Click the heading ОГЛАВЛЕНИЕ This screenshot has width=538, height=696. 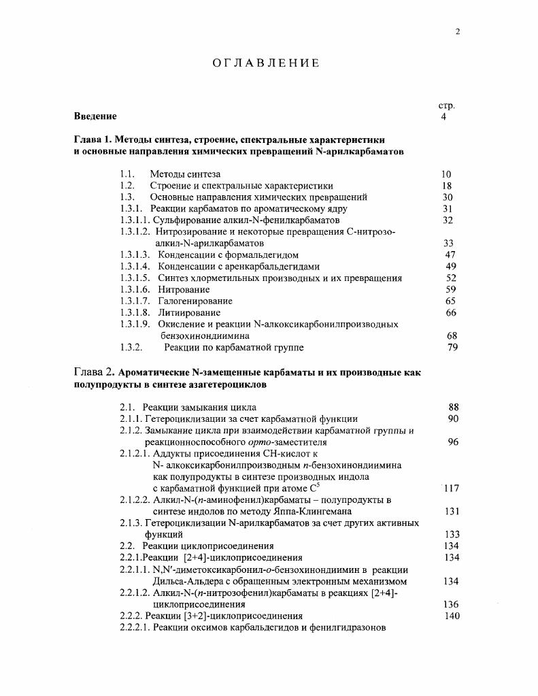265,63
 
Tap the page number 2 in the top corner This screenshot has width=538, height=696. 457,31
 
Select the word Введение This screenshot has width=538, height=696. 95,116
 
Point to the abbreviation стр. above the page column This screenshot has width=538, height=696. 446,105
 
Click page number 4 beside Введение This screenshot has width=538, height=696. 444,116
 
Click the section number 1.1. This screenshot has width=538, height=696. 127,174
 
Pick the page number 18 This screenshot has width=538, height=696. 446,186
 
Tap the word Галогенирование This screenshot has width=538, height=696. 195,301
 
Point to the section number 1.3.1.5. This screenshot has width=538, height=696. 135,278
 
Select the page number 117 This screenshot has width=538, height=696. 452,488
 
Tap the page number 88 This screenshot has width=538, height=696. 454,408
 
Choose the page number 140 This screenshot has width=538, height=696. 452,616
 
